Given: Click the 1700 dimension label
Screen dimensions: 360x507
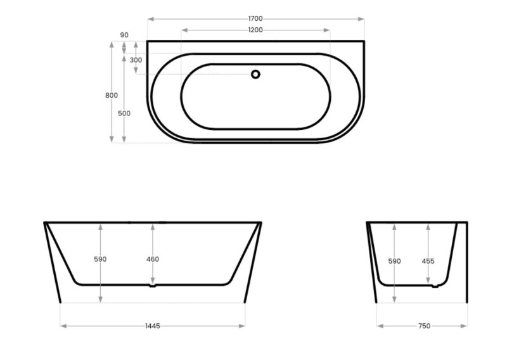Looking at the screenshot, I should pyautogui.click(x=255, y=19).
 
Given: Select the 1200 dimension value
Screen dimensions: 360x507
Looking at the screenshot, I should pyautogui.click(x=255, y=30).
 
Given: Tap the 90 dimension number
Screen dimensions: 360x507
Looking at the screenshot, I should pyautogui.click(x=124, y=35).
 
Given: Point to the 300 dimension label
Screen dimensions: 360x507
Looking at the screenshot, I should pyautogui.click(x=136, y=60).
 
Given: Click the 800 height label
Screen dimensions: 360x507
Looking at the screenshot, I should pyautogui.click(x=112, y=95).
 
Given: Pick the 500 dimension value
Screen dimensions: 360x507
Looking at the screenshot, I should pyautogui.click(x=124, y=113).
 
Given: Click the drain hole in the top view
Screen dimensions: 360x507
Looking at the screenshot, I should pyautogui.click(x=255, y=74).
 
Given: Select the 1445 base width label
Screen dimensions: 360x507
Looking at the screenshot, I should pyautogui.click(x=152, y=326).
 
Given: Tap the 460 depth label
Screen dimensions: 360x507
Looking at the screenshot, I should pyautogui.click(x=152, y=259).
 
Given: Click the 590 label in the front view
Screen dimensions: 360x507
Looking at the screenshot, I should pyautogui.click(x=100, y=259).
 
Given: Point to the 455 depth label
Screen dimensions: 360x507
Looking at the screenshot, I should pyautogui.click(x=428, y=260).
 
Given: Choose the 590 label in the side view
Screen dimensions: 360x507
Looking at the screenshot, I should pyautogui.click(x=394, y=260).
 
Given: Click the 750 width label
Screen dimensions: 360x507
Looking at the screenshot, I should pyautogui.click(x=424, y=326).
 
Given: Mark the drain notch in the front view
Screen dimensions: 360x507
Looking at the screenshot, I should pyautogui.click(x=152, y=286).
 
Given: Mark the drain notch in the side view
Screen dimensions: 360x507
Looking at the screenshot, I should pyautogui.click(x=434, y=286).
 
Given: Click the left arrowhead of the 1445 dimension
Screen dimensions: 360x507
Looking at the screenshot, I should pyautogui.click(x=62, y=326).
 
